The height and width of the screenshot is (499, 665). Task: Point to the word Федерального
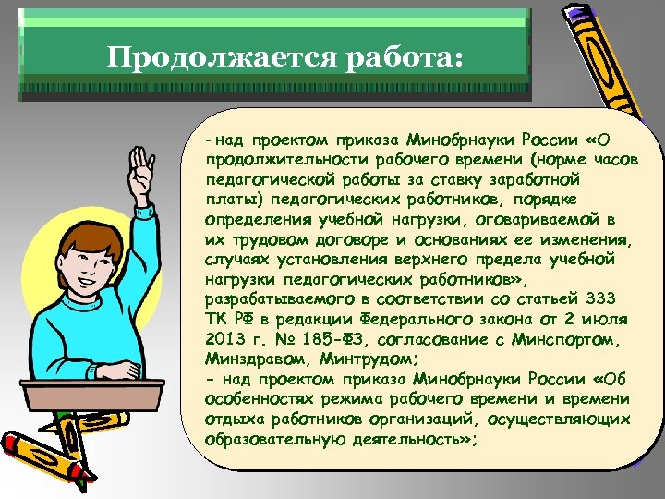coord(432,319)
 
